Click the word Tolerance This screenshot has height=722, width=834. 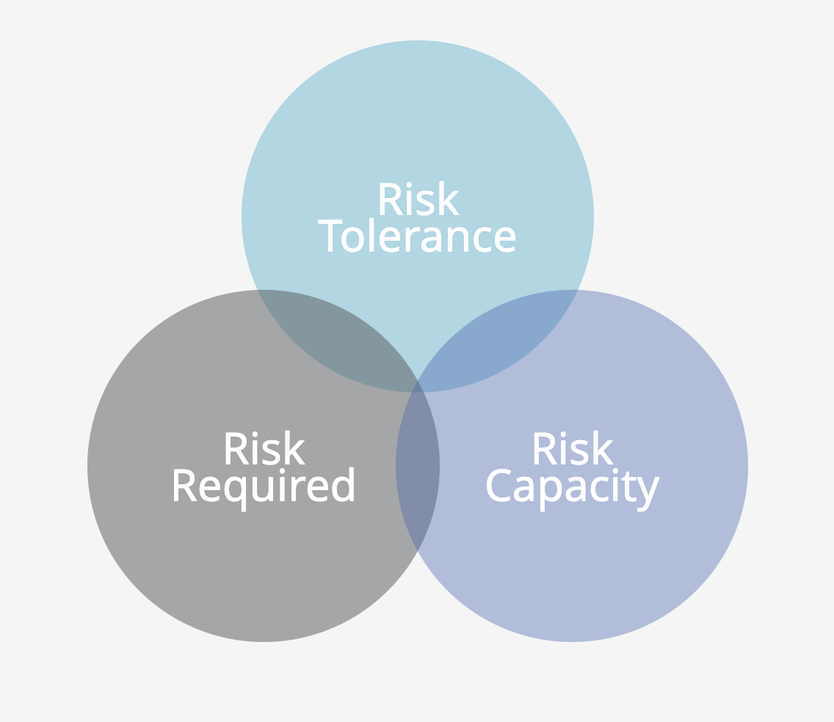(x=416, y=235)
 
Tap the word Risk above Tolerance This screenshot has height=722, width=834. (x=419, y=198)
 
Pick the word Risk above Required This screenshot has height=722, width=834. (x=265, y=448)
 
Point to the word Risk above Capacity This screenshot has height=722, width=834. (x=573, y=448)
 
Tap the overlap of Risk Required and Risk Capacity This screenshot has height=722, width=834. (x=418, y=466)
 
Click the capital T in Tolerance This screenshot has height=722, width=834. (x=330, y=236)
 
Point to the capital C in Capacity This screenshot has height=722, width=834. (x=499, y=485)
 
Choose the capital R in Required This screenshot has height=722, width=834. (x=184, y=485)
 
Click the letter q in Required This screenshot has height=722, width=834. (x=236, y=494)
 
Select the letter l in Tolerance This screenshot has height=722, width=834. (x=371, y=235)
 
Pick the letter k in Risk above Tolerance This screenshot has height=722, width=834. (x=449, y=198)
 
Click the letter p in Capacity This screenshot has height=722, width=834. (x=550, y=494)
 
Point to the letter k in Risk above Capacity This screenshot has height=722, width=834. (x=603, y=448)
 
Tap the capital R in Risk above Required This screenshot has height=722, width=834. (x=237, y=448)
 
